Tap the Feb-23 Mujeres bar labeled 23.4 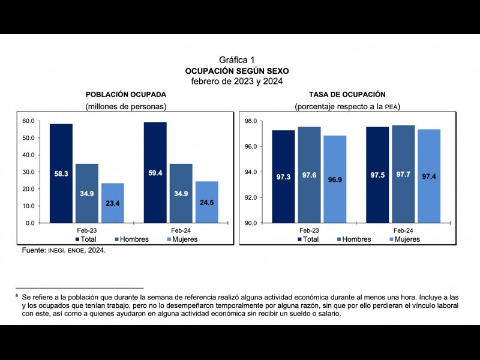(112, 203)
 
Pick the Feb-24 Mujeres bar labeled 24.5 (206, 202)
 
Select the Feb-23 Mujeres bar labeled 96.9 (335, 179)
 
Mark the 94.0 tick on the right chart (251, 172)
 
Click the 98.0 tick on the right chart (251, 121)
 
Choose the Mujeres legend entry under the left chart (181, 239)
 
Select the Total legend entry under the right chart (307, 239)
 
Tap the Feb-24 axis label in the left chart (181, 230)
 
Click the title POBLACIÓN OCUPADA (126, 95)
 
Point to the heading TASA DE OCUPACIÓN (347, 95)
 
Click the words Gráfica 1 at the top (237, 60)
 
